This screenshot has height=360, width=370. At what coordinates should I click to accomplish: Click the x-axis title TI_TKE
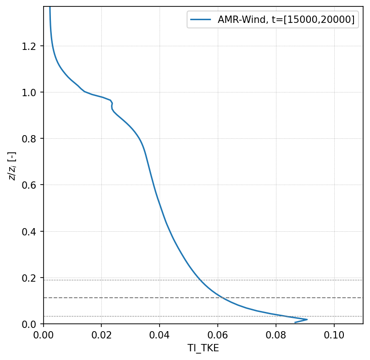click(x=203, y=349)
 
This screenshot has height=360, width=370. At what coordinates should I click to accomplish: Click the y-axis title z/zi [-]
click(x=12, y=165)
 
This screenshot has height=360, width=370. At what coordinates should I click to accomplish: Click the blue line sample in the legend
click(x=201, y=20)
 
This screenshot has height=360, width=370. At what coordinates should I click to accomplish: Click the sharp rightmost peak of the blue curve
click(x=307, y=319)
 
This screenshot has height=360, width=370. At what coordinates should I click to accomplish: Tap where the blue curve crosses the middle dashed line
click(x=222, y=298)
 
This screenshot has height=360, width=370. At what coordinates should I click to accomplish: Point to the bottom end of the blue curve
click(x=295, y=322)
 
